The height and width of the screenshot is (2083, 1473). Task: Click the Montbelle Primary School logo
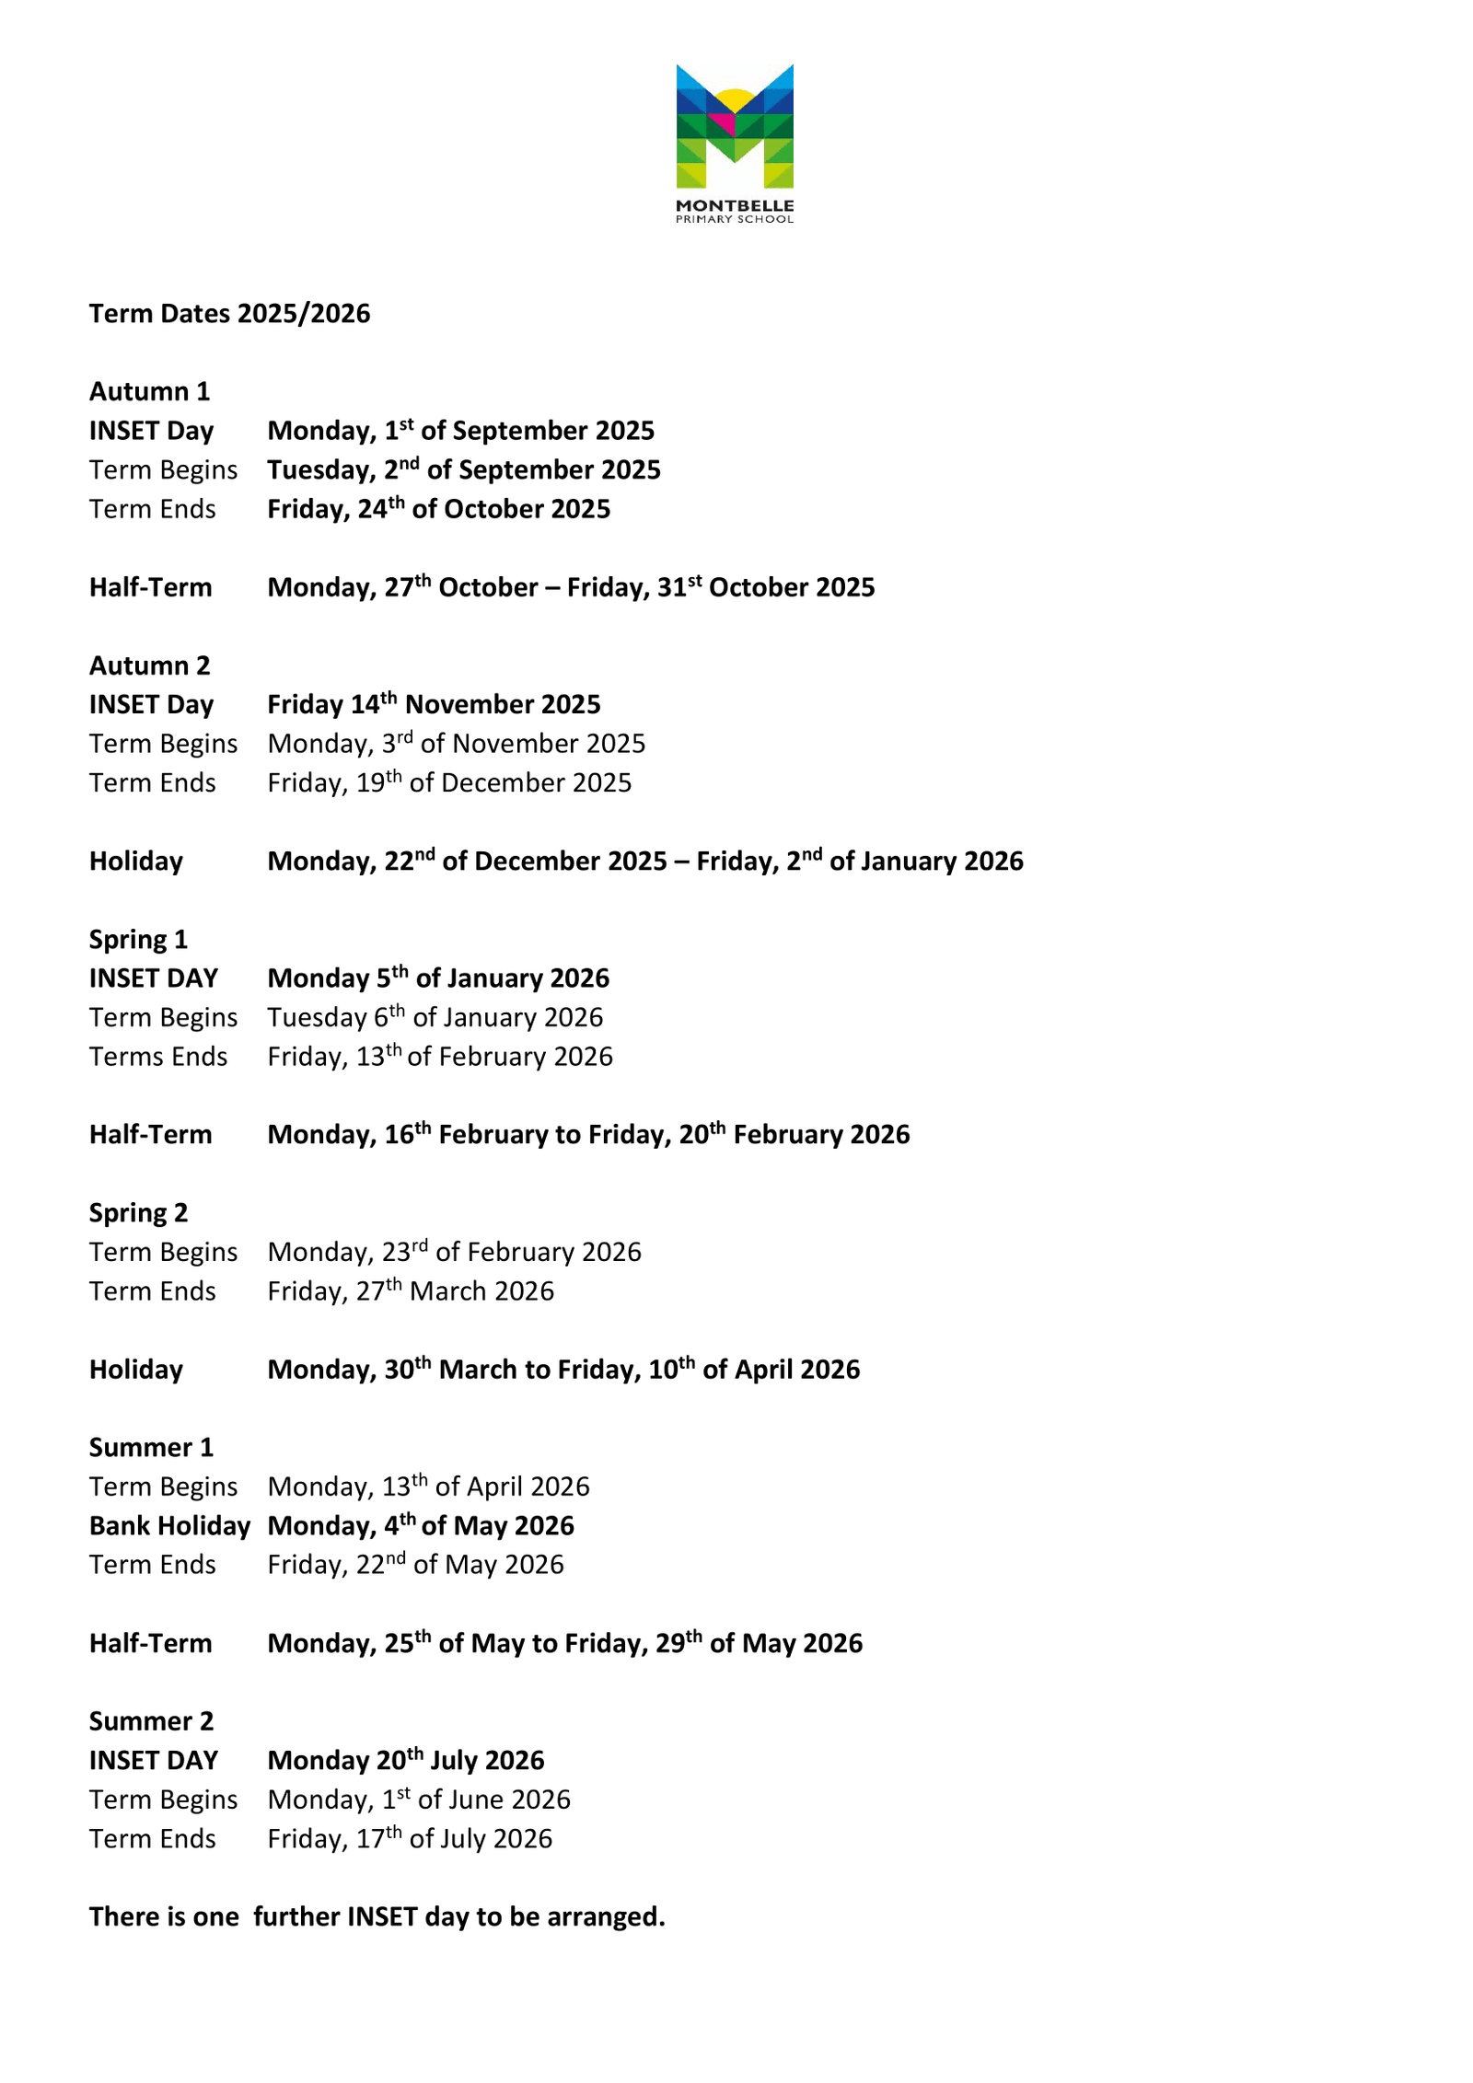(734, 143)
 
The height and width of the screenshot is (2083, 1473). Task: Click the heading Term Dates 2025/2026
(229, 314)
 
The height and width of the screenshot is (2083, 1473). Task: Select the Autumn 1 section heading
(149, 392)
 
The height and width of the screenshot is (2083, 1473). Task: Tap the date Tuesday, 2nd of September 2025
(463, 470)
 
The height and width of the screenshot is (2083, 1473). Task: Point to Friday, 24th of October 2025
(438, 509)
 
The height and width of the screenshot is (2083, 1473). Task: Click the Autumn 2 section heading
(149, 665)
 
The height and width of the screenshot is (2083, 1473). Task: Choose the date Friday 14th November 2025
(434, 705)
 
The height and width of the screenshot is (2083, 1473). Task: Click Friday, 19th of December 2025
(449, 783)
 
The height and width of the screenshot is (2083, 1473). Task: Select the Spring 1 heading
(138, 940)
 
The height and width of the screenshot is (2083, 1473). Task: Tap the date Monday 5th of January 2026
(438, 978)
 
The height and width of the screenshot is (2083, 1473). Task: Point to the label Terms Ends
(157, 1057)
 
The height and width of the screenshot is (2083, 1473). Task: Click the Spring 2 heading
(138, 1213)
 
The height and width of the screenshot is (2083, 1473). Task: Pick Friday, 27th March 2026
(411, 1291)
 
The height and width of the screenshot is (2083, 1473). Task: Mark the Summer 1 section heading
(151, 1448)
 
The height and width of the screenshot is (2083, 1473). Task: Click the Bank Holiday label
(169, 1526)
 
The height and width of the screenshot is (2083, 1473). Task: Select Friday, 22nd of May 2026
(415, 1565)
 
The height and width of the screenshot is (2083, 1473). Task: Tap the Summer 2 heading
(151, 1721)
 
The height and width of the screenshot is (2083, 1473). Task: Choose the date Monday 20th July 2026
(406, 1761)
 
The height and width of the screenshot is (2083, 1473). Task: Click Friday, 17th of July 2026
(410, 1839)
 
